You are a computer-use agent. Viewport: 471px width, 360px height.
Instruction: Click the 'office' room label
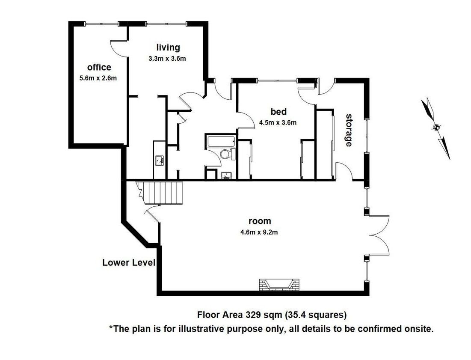pos(99,67)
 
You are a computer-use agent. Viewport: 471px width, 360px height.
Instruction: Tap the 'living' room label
pos(168,48)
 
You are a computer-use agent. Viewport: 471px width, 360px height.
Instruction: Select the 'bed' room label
pos(278,111)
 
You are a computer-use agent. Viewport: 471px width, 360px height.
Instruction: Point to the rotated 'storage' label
pos(349,130)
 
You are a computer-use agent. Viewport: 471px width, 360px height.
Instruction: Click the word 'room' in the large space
pos(260,221)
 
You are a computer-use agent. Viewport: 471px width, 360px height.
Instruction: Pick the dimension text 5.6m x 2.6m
pos(98,78)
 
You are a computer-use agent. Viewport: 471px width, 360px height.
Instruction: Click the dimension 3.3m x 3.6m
pos(167,59)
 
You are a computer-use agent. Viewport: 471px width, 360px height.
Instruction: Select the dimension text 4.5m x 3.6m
pos(278,122)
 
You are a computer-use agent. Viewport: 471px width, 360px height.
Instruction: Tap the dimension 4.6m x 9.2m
pos(259,232)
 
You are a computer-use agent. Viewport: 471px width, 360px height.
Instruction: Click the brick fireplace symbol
pos(279,285)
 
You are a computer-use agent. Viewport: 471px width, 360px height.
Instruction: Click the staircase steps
pos(162,193)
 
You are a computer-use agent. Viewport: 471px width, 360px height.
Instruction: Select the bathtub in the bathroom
pos(221,142)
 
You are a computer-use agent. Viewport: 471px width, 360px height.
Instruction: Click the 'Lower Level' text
pos(129,262)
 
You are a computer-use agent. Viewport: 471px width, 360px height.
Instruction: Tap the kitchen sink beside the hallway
pos(159,161)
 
